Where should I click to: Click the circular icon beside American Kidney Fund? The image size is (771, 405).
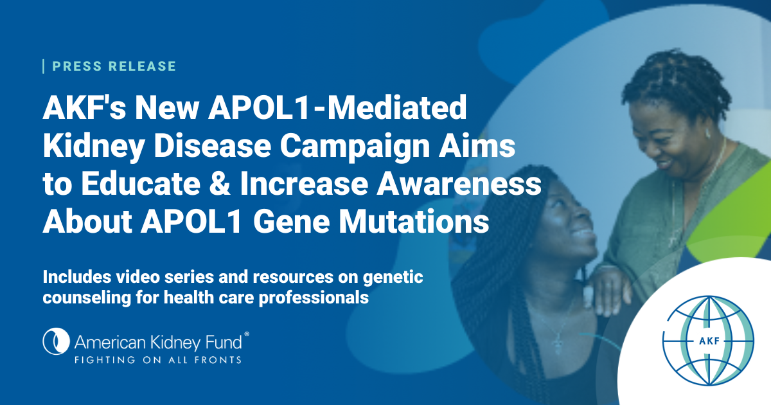click(x=55, y=341)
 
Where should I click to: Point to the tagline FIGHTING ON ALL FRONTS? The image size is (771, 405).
click(x=158, y=359)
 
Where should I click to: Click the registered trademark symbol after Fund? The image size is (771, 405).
click(x=247, y=335)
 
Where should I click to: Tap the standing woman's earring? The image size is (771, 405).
click(x=708, y=132)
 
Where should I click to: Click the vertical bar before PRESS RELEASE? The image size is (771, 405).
click(x=44, y=66)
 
